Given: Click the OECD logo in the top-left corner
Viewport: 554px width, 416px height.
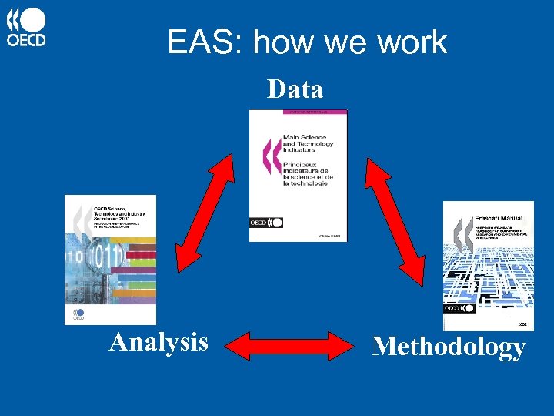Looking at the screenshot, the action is [x=26, y=28].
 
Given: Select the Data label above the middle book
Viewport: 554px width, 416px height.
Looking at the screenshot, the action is [x=295, y=89].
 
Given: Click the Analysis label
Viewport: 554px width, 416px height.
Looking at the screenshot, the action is [x=159, y=341].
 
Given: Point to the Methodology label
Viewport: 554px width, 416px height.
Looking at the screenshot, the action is [x=449, y=347].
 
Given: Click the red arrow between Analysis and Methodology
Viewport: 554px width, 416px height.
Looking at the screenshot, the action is [x=291, y=346].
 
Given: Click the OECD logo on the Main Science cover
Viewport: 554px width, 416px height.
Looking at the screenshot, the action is [x=266, y=223].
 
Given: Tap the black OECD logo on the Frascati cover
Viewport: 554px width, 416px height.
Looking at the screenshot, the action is [x=459, y=310].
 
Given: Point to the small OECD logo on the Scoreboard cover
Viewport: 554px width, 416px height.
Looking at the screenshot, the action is [x=78, y=314].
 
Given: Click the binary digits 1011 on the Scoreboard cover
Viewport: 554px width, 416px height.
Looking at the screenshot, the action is [x=105, y=255].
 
